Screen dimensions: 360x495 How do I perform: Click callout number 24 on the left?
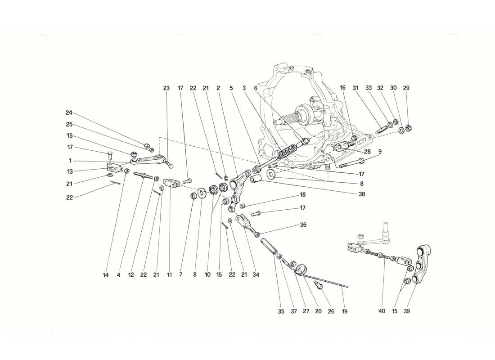click(69, 113)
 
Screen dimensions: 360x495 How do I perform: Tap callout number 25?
click(69, 124)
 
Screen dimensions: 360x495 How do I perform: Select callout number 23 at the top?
click(166, 88)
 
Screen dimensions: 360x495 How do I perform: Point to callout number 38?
click(361, 194)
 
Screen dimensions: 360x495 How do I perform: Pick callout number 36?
click(303, 225)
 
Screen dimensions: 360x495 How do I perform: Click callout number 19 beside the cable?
click(345, 311)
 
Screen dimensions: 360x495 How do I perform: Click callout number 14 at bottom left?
click(106, 274)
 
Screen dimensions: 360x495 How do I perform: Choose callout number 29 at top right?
click(407, 88)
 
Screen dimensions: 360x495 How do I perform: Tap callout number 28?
click(368, 152)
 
